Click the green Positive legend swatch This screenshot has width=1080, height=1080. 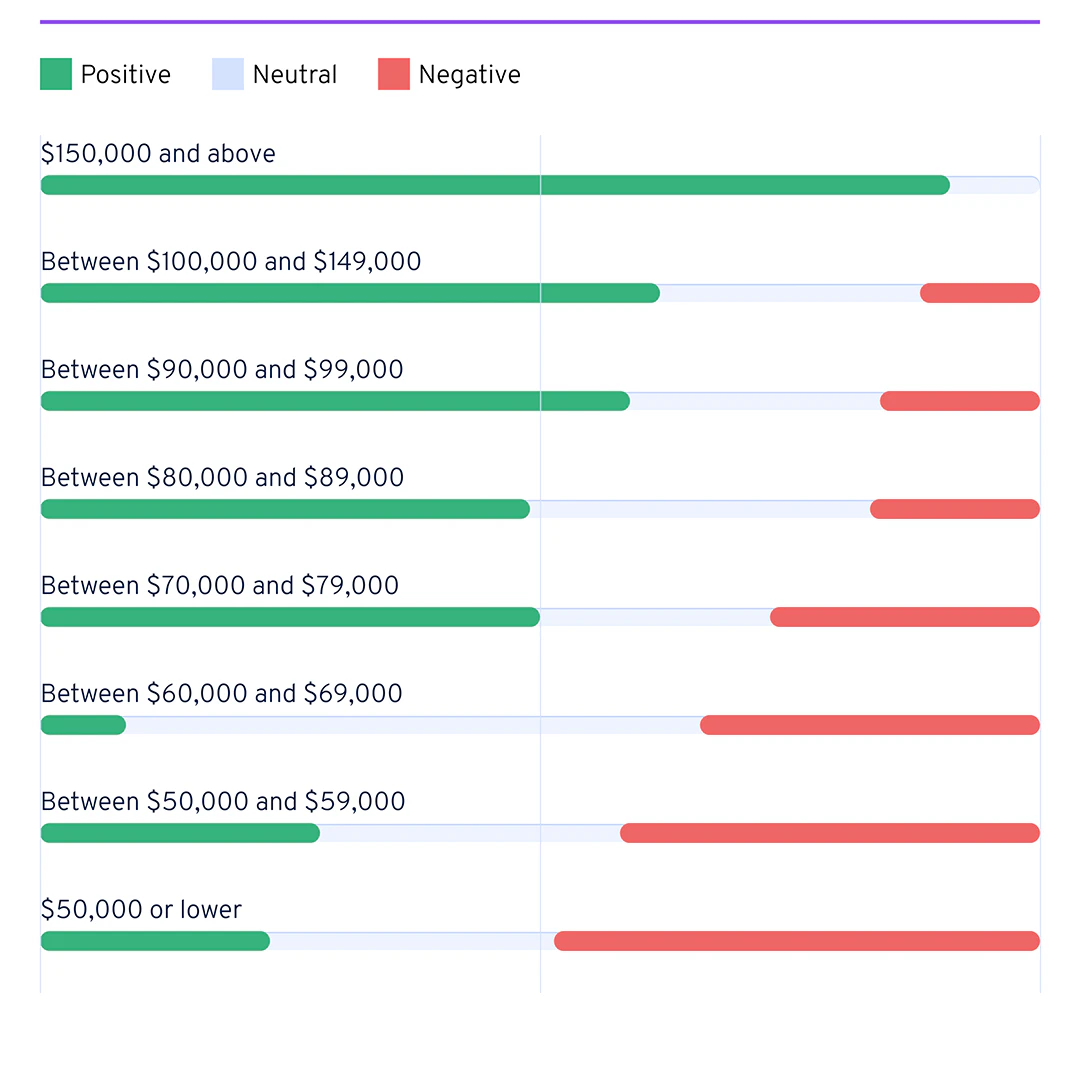pyautogui.click(x=56, y=74)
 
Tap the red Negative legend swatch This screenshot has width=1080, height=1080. pyautogui.click(x=394, y=74)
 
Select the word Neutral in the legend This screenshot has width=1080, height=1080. pyautogui.click(x=294, y=75)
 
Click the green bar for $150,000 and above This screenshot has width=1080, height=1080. pyautogui.click(x=495, y=185)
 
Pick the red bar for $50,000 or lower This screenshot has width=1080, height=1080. pyautogui.click(x=797, y=941)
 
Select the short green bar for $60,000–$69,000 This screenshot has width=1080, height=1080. pyautogui.click(x=83, y=725)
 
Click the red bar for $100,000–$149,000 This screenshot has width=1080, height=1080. pyautogui.click(x=980, y=293)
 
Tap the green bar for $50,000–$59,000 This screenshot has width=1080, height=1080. pyautogui.click(x=180, y=833)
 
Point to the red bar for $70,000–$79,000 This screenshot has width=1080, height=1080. pyautogui.click(x=905, y=617)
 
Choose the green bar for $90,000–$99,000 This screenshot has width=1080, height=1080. pyautogui.click(x=335, y=401)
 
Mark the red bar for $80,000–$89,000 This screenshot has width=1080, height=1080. pyautogui.click(x=955, y=509)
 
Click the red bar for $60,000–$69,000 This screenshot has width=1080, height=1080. pyautogui.click(x=870, y=725)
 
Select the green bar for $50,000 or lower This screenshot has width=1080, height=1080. pyautogui.click(x=155, y=941)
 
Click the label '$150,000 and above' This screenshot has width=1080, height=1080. pyautogui.click(x=158, y=154)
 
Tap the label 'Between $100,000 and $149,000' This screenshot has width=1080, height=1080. pyautogui.click(x=231, y=262)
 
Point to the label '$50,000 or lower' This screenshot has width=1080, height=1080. pyautogui.click(x=141, y=910)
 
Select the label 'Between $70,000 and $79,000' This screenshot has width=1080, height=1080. pyautogui.click(x=220, y=586)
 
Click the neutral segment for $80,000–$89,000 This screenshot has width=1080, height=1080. pyautogui.click(x=700, y=509)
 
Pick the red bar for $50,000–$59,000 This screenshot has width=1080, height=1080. pyautogui.click(x=830, y=833)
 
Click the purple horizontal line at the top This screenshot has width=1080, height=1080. pyautogui.click(x=540, y=21)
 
